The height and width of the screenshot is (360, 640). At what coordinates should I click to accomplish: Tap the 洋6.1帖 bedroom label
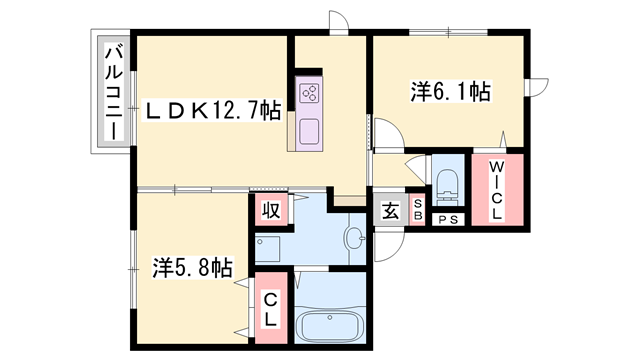(449, 93)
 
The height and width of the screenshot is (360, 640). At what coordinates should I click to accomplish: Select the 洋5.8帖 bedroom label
(192, 268)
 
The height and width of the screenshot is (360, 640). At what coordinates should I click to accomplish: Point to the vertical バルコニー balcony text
(113, 92)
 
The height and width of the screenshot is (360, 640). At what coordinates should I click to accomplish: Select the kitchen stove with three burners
(308, 94)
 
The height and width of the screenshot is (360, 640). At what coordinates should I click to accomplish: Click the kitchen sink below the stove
(307, 131)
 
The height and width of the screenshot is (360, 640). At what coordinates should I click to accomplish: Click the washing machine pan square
(268, 247)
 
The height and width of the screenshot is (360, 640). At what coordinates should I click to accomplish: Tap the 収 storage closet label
(270, 210)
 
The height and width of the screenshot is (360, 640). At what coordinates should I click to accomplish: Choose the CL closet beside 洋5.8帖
(270, 312)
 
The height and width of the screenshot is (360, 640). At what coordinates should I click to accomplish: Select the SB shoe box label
(418, 212)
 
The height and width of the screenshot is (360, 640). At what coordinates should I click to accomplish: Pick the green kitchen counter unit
(307, 111)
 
